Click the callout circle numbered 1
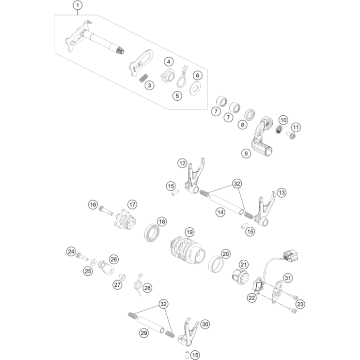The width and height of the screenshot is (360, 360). (78, 5)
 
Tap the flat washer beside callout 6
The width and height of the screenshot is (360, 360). (195, 88)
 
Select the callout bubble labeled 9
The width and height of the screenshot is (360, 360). (246, 154)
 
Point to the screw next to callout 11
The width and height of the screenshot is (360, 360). (291, 136)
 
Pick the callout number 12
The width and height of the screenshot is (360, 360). (182, 163)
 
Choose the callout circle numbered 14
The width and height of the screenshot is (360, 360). (220, 212)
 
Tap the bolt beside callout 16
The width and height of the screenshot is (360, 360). (106, 210)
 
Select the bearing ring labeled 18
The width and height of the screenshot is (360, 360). (152, 232)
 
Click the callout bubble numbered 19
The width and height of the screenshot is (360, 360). (189, 232)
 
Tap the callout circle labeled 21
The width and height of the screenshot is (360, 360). (244, 265)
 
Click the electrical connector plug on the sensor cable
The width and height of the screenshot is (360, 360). (291, 256)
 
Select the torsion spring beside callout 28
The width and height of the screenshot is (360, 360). (139, 284)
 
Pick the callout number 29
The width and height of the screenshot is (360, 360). (144, 333)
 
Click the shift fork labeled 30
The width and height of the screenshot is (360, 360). (188, 332)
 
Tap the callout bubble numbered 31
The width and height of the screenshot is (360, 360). (288, 278)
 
